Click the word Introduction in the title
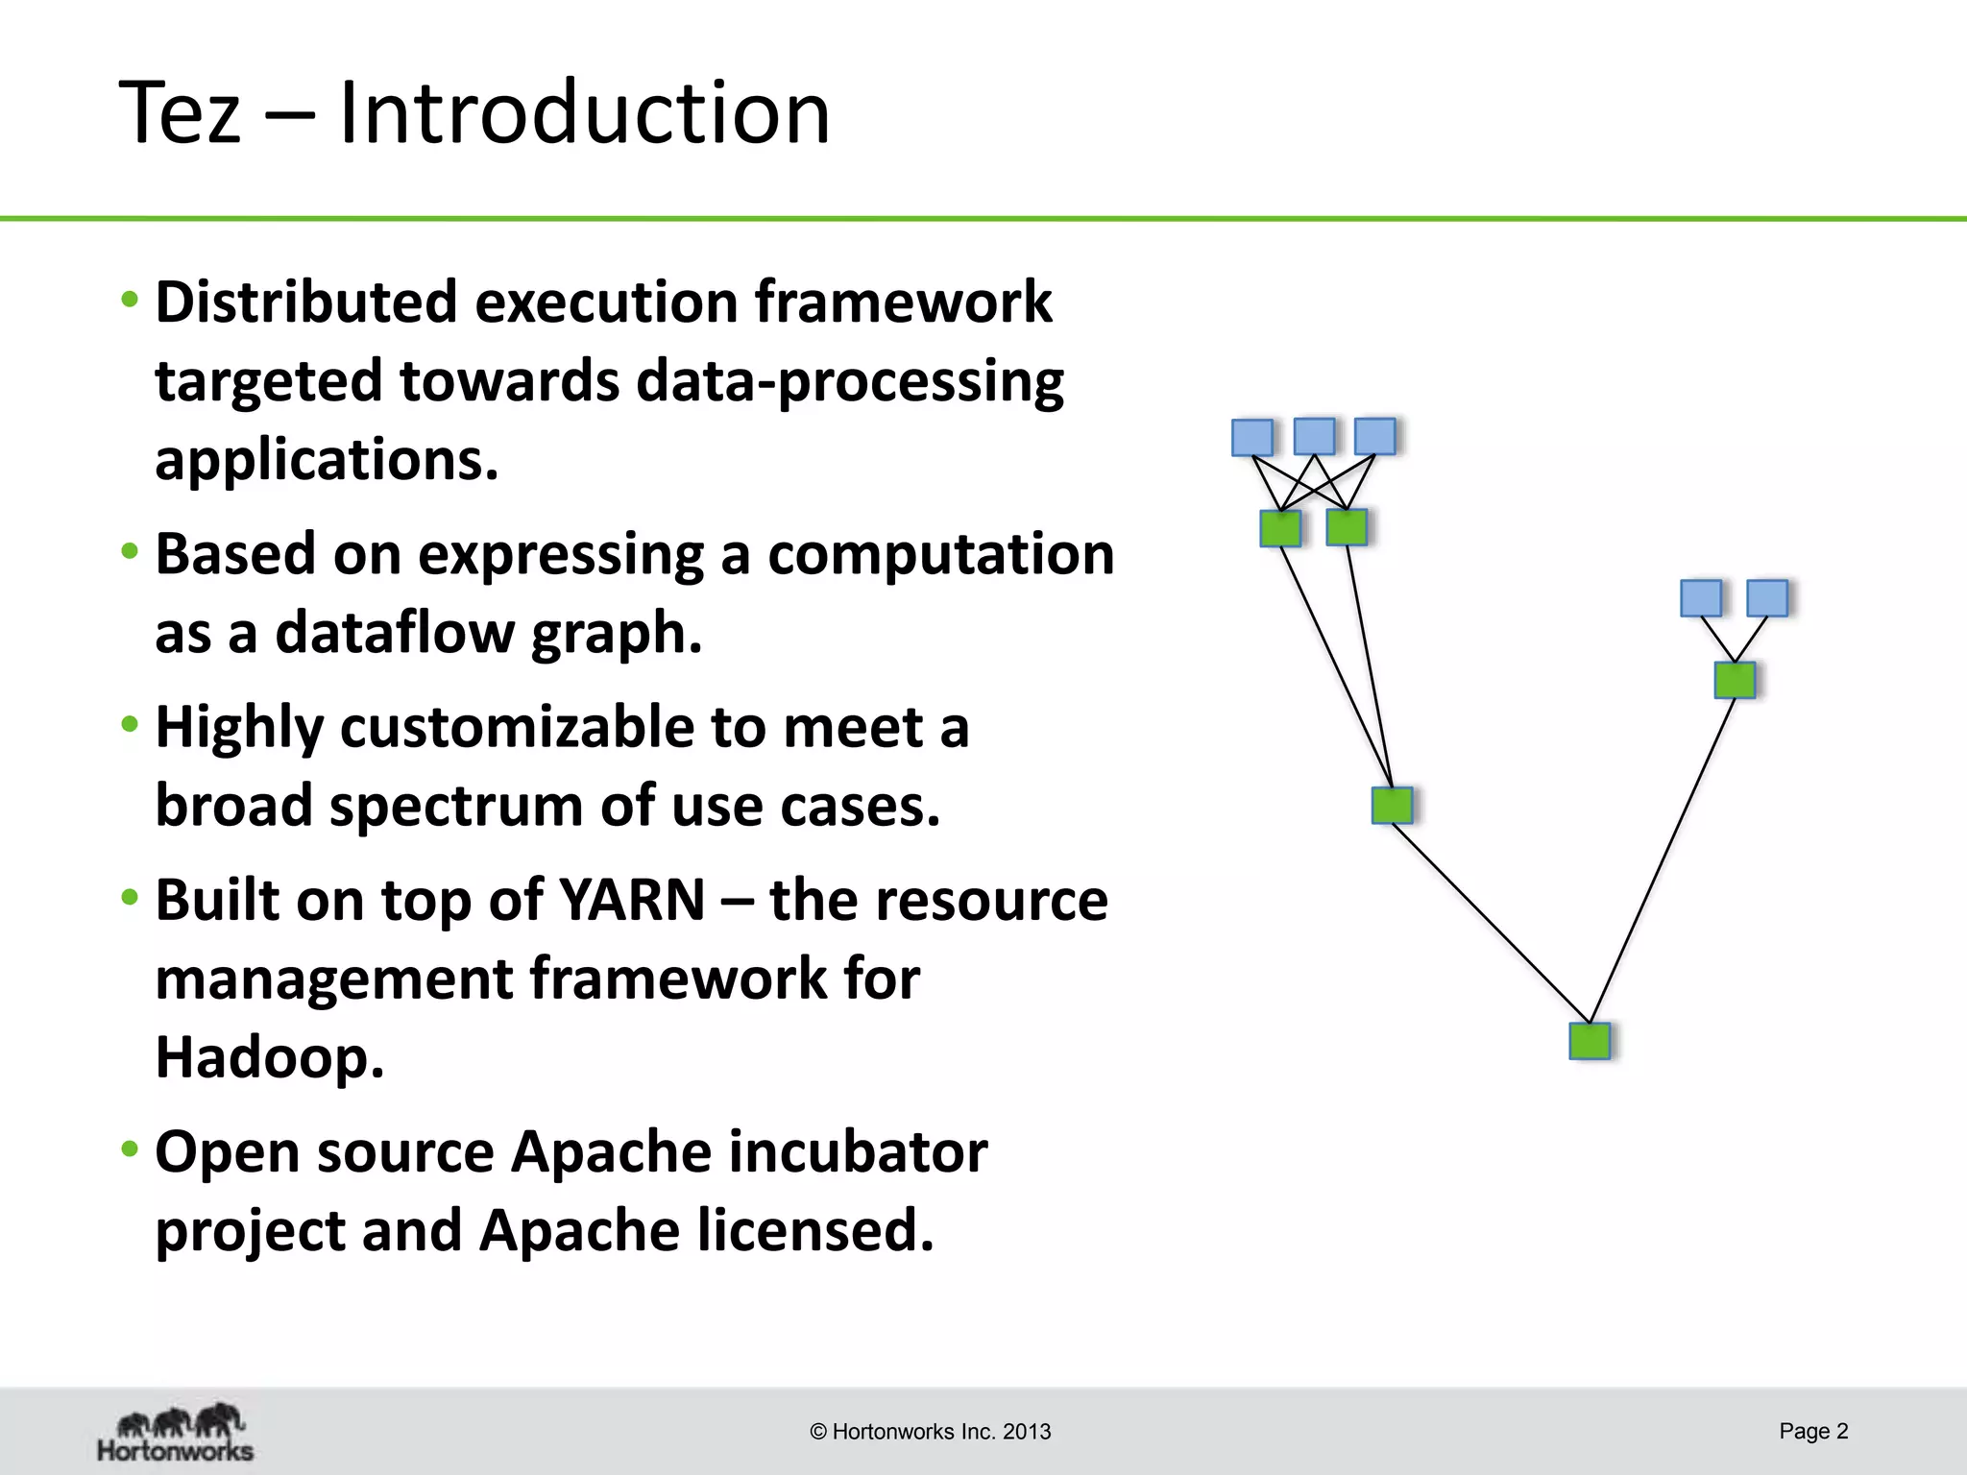pyautogui.click(x=584, y=113)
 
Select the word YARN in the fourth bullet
pyautogui.click(x=632, y=901)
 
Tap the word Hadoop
pyautogui.click(x=269, y=1057)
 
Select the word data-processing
pyautogui.click(x=849, y=382)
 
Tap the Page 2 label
pyautogui.click(x=1813, y=1431)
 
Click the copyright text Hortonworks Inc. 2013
pyautogui.click(x=931, y=1432)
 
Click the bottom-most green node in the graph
pyautogui.click(x=1590, y=1041)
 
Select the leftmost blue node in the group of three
pyautogui.click(x=1252, y=437)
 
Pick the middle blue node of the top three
pyautogui.click(x=1314, y=436)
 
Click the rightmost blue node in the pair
pyautogui.click(x=1766, y=598)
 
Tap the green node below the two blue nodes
pyautogui.click(x=1735, y=680)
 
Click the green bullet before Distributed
pyautogui.click(x=130, y=300)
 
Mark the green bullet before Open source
pyautogui.click(x=130, y=1149)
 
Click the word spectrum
pyautogui.click(x=455, y=806)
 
